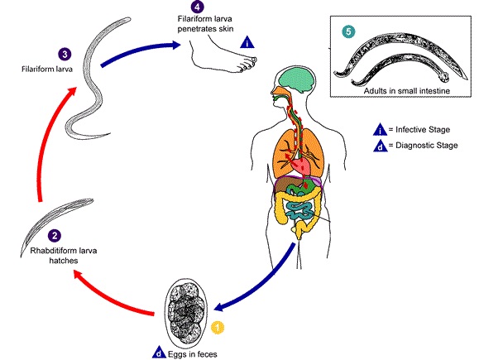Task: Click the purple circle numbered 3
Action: click(x=65, y=55)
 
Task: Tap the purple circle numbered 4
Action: click(x=197, y=7)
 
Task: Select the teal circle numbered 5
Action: click(x=348, y=31)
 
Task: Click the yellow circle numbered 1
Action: click(x=218, y=327)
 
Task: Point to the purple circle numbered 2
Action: click(x=55, y=235)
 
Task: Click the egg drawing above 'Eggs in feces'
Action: click(x=185, y=311)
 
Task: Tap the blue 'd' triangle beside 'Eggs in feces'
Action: click(x=159, y=353)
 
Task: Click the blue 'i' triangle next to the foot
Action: click(x=247, y=42)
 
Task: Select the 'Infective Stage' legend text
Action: click(x=423, y=130)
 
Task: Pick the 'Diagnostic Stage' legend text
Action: click(x=426, y=145)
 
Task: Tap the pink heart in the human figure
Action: click(x=301, y=166)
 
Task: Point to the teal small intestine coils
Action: click(x=301, y=210)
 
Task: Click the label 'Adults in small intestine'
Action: click(x=406, y=91)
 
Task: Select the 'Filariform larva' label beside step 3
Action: click(x=47, y=69)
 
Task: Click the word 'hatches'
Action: click(x=64, y=261)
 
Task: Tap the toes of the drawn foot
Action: click(x=249, y=64)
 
